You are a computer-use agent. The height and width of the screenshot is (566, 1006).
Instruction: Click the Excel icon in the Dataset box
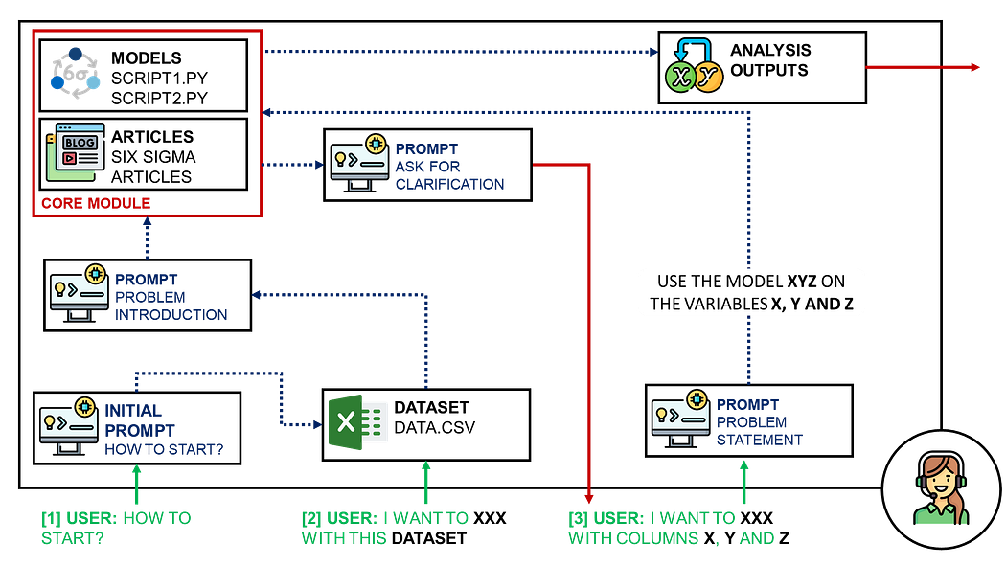[356, 422]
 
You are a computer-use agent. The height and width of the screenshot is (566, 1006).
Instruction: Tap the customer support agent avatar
[941, 489]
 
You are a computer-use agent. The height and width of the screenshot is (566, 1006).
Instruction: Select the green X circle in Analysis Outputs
[680, 77]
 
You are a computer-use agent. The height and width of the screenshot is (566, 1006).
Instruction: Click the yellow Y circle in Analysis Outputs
[708, 77]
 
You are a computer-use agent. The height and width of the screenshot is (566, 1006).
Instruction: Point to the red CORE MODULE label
[96, 203]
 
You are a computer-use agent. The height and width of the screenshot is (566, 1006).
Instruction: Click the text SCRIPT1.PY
[159, 79]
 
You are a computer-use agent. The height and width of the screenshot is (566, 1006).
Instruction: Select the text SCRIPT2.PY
[159, 98]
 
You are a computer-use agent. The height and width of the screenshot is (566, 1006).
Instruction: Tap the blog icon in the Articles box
[75, 152]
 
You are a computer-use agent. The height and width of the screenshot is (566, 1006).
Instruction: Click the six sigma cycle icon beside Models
[76, 73]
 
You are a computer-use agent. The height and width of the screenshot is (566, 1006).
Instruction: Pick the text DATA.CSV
[434, 427]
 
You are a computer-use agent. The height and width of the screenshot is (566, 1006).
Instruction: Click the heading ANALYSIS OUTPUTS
[770, 60]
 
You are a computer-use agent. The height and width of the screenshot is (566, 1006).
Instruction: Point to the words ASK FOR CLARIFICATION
[449, 175]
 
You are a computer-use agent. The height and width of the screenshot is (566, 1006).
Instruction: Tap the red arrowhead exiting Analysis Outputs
[975, 67]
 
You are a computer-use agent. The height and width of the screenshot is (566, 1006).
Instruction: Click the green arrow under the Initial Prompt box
[136, 485]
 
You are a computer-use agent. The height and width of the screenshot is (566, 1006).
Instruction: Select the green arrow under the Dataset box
[426, 482]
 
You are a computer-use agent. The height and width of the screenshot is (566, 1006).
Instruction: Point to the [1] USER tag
[79, 518]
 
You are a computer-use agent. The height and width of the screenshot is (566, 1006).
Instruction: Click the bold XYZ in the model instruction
[802, 282]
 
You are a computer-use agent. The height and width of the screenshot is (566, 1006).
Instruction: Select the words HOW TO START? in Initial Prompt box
[164, 449]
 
